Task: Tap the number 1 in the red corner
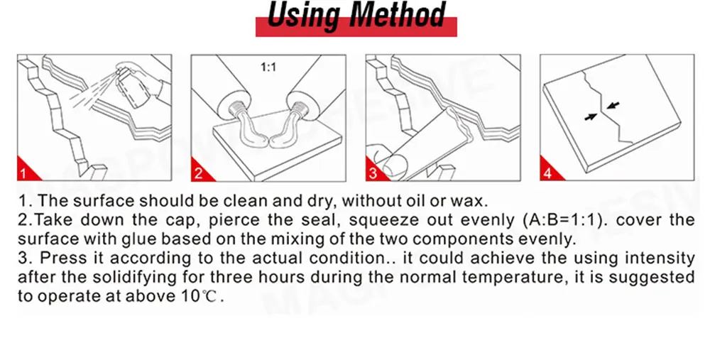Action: pos(23,173)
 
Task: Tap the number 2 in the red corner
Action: pos(198,173)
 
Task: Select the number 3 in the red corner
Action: pos(373,173)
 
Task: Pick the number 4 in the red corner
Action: pos(547,173)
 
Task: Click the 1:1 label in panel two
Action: pos(268,67)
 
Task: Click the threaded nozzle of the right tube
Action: pos(299,110)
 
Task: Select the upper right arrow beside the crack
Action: pos(613,106)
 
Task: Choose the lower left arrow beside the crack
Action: pos(591,117)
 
